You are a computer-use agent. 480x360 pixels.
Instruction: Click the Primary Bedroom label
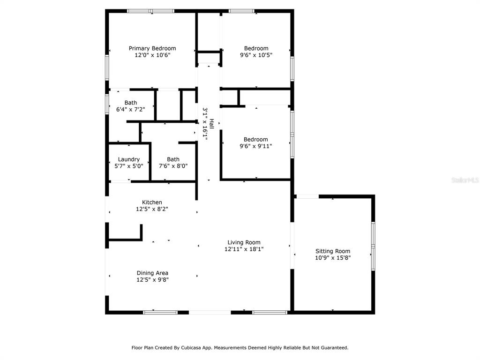[152, 48]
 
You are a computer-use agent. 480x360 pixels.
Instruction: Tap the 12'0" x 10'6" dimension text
[152, 55]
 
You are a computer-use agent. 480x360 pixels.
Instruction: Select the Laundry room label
[129, 159]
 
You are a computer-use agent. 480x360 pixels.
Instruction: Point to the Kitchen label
[152, 202]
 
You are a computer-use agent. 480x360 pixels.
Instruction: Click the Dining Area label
[152, 273]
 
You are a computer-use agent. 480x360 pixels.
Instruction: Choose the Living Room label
[244, 242]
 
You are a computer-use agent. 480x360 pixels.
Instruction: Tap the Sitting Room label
[333, 251]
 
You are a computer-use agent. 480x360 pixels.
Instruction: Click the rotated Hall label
[211, 124]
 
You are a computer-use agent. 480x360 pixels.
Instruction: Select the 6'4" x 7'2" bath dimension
[131, 109]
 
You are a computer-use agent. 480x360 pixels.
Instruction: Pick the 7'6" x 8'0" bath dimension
[173, 166]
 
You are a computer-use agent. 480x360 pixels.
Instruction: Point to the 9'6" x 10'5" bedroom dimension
[256, 55]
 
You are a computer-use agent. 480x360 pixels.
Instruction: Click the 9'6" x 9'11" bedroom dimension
[256, 146]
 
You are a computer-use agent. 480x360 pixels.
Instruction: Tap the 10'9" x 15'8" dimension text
[333, 258]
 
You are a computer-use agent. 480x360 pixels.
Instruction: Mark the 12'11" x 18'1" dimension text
[244, 249]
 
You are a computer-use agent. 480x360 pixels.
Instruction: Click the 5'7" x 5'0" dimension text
[129, 166]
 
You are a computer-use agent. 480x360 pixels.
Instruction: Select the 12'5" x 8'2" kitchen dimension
[152, 209]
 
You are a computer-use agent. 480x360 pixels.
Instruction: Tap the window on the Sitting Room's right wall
[373, 246]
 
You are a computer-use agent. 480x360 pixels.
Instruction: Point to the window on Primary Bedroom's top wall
[151, 11]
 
